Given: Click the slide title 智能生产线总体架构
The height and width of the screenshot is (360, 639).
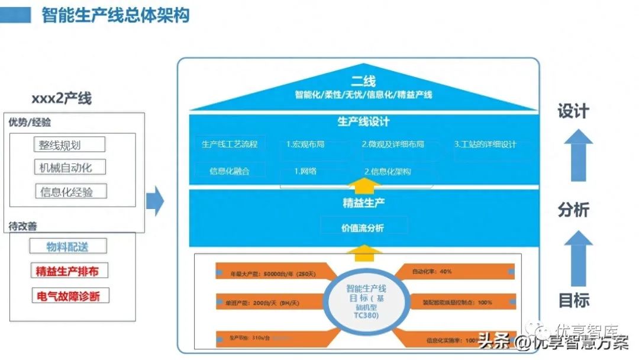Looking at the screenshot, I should point(115,15).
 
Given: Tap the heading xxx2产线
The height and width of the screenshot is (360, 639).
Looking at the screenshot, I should point(62,98).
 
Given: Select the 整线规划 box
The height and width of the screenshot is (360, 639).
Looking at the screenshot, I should point(69,144).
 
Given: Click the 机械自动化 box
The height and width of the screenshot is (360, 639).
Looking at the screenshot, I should point(69,167).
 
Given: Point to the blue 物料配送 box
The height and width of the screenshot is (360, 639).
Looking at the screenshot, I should point(68,246).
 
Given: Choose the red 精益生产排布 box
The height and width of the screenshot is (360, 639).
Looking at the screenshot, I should point(69,271).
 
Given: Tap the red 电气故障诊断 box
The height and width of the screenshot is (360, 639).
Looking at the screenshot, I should point(70,296).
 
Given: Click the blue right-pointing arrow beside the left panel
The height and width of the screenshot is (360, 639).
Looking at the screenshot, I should point(154,201).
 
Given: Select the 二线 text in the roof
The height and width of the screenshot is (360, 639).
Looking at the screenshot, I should point(363,81).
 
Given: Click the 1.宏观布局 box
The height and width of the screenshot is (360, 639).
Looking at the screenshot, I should point(305,144).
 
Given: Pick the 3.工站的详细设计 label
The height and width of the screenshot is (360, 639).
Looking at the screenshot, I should point(485,144).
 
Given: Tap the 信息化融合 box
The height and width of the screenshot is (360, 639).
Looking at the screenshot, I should point(230,171).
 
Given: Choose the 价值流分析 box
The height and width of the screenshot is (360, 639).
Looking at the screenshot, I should point(363,227).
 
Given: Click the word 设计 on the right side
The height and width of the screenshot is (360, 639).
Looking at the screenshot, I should point(573,111).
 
